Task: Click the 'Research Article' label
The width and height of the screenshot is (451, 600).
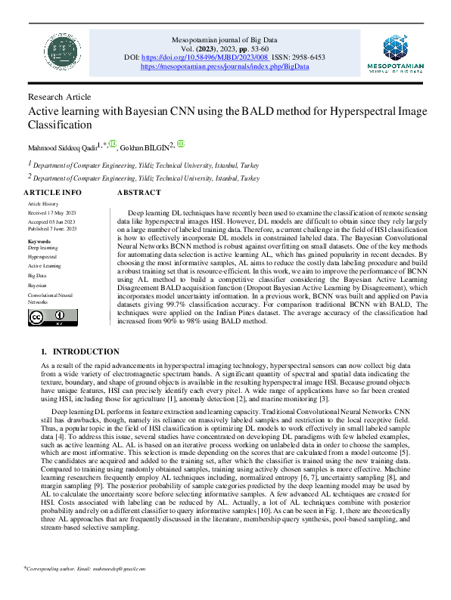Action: point(59,97)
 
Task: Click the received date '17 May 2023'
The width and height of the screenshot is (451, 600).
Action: point(64,213)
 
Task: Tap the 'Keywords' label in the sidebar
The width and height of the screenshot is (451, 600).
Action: point(39,240)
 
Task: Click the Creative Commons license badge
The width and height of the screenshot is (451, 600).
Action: point(45,318)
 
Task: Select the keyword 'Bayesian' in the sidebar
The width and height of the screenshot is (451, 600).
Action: point(38,286)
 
